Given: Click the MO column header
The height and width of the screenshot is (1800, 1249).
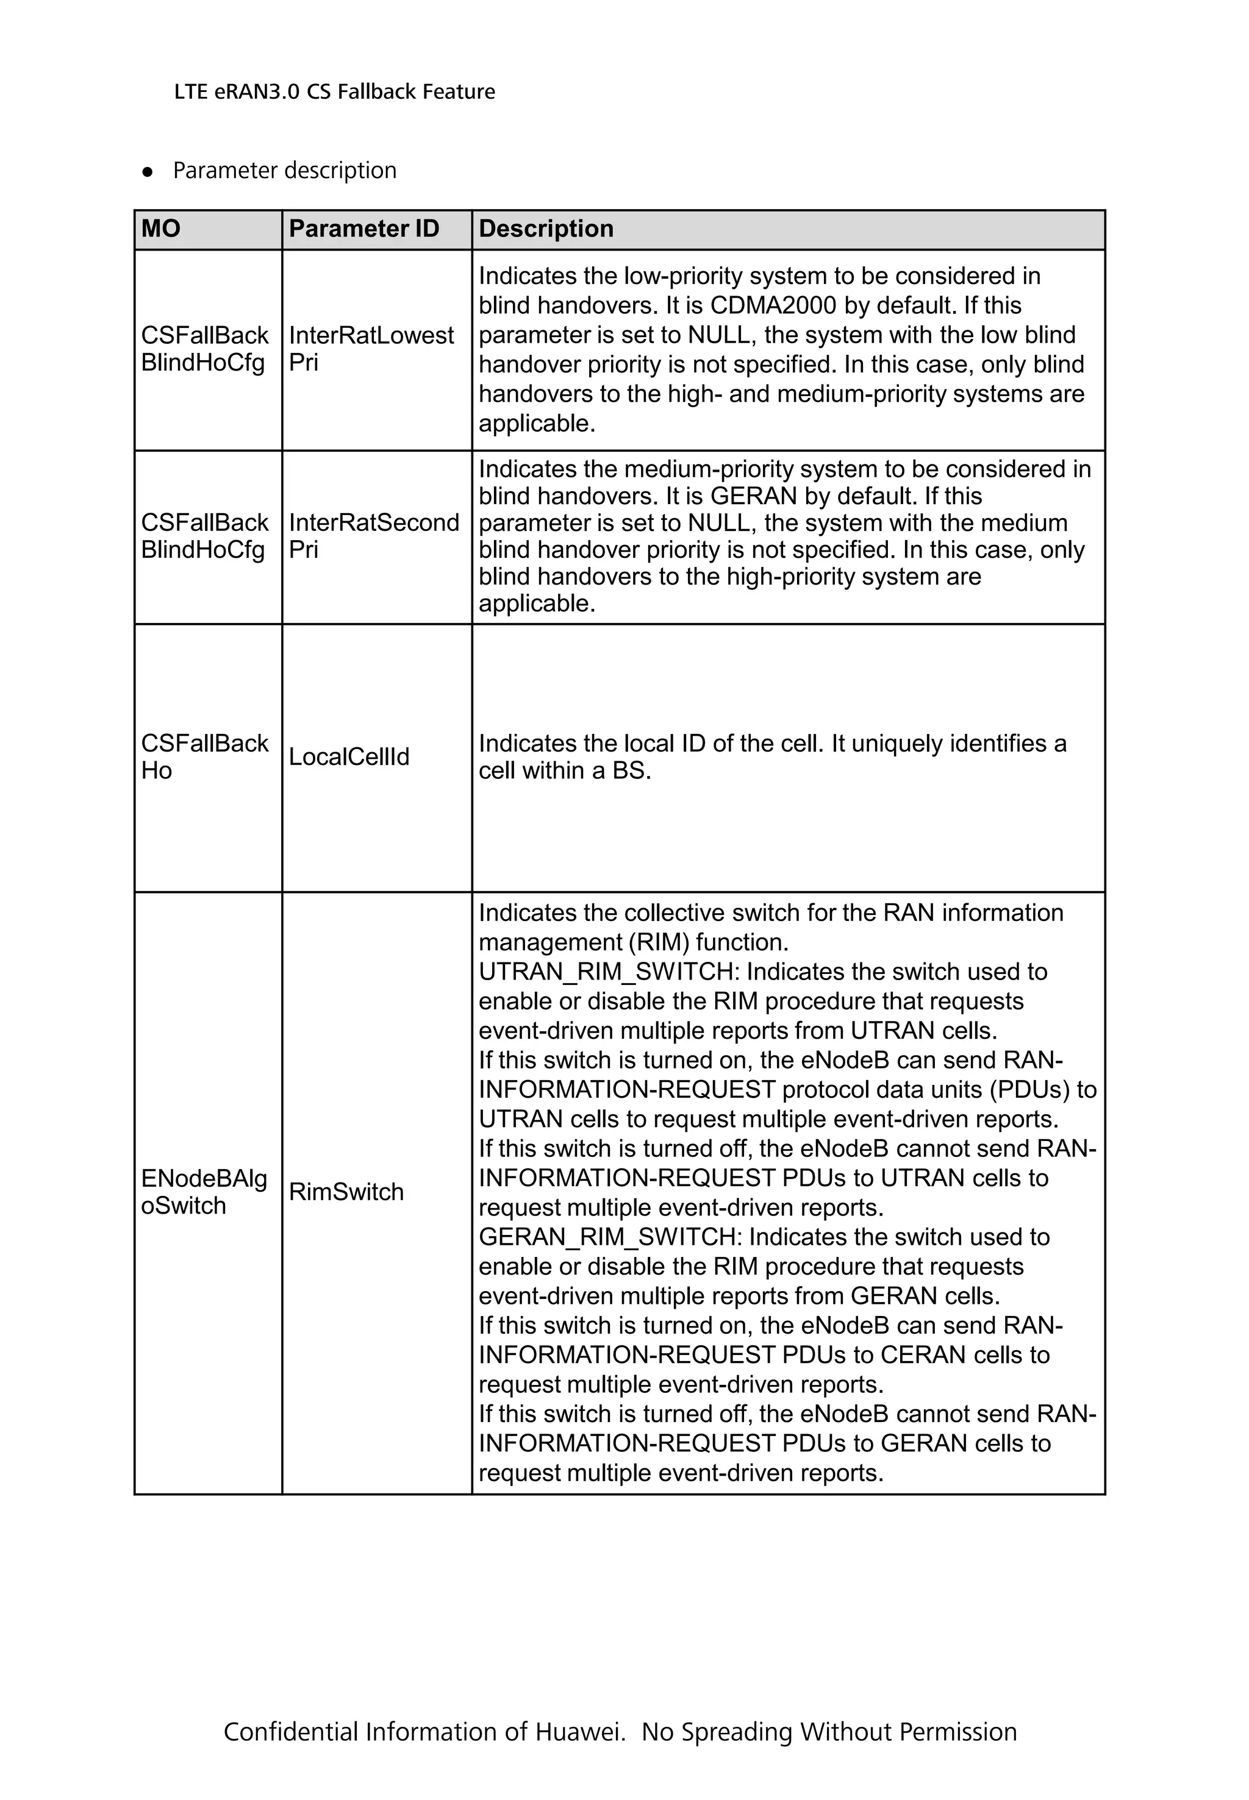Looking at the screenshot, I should click(161, 229).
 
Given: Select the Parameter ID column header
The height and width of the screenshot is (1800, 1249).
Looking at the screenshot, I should click(364, 229).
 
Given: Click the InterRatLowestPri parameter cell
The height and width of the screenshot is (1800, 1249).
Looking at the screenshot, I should click(371, 349).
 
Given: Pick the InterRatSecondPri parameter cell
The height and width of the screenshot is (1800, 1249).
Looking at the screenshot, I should click(373, 536).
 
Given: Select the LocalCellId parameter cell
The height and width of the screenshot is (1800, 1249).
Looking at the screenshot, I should click(349, 756).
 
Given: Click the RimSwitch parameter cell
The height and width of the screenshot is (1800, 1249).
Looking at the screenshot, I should click(346, 1192).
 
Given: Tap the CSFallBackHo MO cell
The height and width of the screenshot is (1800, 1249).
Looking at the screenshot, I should click(204, 756).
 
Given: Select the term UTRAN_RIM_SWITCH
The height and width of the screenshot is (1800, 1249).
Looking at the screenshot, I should click(608, 972).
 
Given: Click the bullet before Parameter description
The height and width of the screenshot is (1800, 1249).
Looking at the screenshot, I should click(147, 172).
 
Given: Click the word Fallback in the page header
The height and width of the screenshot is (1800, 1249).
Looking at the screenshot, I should click(378, 92).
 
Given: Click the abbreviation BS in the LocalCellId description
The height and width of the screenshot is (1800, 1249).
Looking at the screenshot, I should click(630, 771).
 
